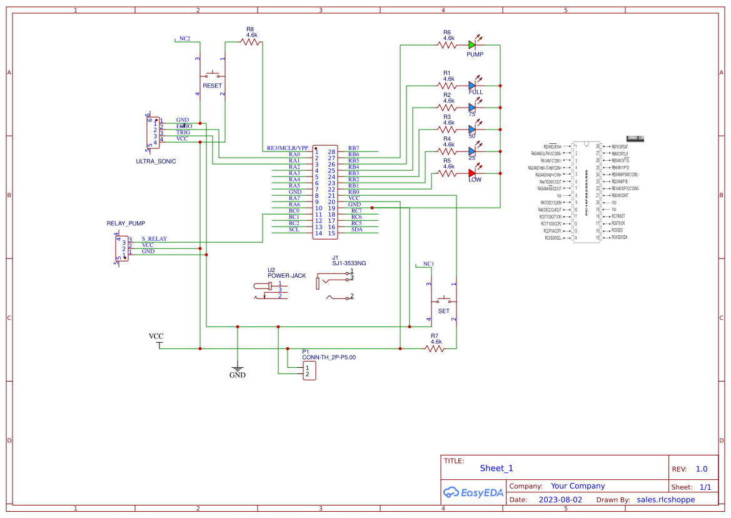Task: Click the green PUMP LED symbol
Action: [x=472, y=44]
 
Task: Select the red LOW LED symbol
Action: [x=472, y=173]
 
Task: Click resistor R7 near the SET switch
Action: [x=435, y=348]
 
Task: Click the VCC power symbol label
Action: [x=156, y=337]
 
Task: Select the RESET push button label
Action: [x=212, y=86]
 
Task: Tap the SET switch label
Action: [x=443, y=311]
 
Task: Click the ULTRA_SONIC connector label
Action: [x=156, y=161]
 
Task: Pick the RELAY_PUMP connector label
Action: [x=126, y=223]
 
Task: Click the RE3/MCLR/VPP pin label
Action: [x=288, y=148]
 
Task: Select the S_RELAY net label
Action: [x=154, y=239]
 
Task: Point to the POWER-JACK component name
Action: [x=286, y=276]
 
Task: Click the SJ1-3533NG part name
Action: [x=349, y=263]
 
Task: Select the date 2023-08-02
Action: [x=560, y=500]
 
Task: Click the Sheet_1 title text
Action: [x=497, y=468]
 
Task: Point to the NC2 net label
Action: [x=184, y=39]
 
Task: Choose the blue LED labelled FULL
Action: [x=472, y=85]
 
